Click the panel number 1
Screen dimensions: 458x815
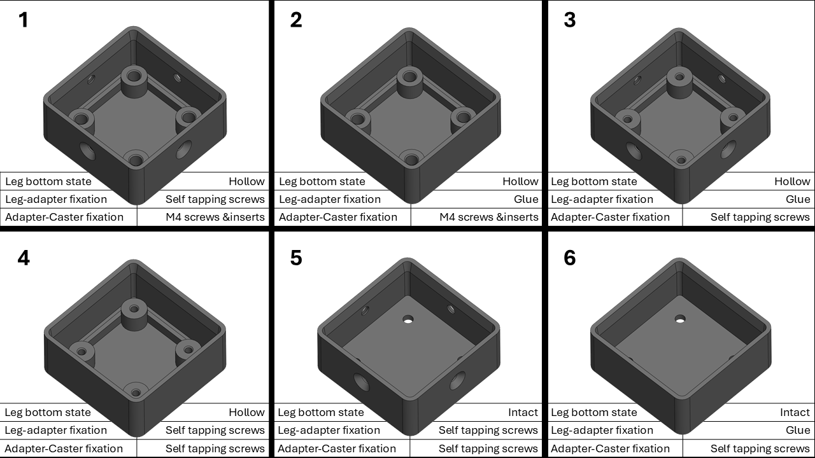(x=24, y=20)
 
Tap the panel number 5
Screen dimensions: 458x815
(x=295, y=258)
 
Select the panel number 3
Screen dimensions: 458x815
(x=569, y=20)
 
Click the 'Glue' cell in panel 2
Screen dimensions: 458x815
(x=525, y=199)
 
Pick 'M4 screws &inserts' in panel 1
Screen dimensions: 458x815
(x=215, y=217)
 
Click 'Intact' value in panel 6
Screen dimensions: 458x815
(x=795, y=412)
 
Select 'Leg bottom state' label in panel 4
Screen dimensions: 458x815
(x=48, y=412)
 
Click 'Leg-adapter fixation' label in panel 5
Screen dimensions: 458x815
(x=329, y=430)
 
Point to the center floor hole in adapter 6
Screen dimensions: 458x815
(x=680, y=318)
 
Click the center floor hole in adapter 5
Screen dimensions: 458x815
(x=408, y=319)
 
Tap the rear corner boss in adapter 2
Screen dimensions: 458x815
(x=409, y=77)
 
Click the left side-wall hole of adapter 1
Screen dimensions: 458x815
(x=86, y=151)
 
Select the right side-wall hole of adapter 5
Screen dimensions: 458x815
(x=457, y=380)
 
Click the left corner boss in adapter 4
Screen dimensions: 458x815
(x=81, y=350)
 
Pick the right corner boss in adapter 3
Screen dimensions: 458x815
(x=732, y=117)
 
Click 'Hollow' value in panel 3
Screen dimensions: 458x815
(x=792, y=181)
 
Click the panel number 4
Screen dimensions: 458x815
(x=24, y=258)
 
